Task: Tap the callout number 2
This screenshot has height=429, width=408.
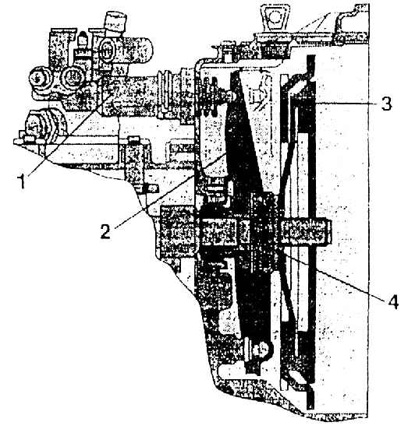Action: pos(105,232)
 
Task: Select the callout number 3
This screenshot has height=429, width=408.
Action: pos(387,103)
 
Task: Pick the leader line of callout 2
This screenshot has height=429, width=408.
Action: pos(169,191)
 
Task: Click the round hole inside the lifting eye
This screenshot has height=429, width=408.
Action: pos(275,19)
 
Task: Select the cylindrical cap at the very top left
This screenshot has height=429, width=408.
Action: pos(115,21)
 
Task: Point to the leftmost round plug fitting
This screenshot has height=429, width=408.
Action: pos(41,79)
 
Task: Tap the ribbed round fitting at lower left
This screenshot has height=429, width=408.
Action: pos(45,125)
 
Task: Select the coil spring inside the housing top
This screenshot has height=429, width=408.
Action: pos(211,97)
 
